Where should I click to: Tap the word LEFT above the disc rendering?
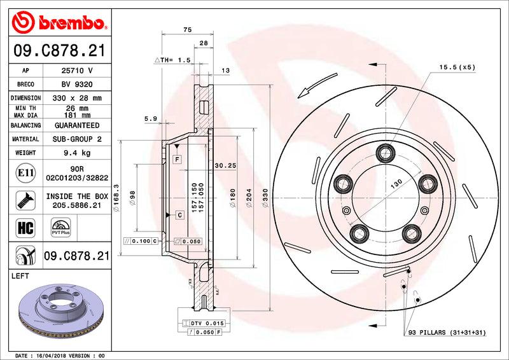click(x=22, y=276)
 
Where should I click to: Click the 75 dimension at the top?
click(x=187, y=29)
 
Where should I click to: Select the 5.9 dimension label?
click(x=150, y=118)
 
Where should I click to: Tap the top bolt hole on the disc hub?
click(x=384, y=152)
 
